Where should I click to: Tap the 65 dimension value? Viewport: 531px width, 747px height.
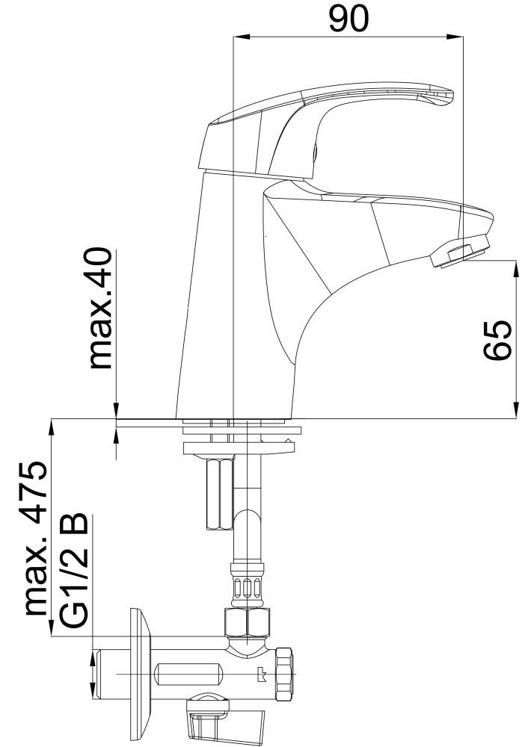click(497, 340)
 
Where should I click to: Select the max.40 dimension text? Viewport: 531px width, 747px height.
click(100, 308)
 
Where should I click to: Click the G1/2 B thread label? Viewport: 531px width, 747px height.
click(73, 570)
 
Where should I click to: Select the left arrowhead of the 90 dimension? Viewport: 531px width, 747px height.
click(241, 37)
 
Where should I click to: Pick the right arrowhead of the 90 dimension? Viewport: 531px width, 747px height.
click(454, 37)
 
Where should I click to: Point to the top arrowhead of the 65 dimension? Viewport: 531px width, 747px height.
click(516, 268)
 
